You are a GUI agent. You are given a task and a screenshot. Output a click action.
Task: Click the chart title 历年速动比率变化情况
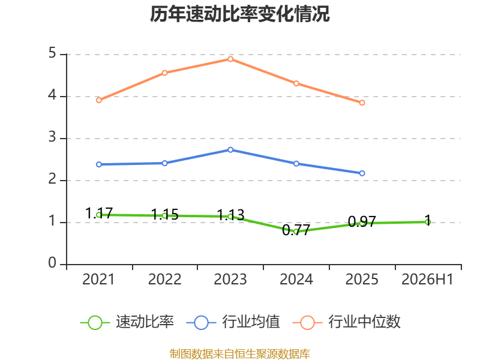click(x=239, y=14)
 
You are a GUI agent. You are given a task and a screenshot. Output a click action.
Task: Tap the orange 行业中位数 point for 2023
click(x=230, y=59)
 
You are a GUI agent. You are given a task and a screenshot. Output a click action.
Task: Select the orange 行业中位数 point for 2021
click(x=99, y=100)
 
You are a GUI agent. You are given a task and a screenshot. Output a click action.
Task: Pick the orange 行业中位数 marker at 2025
click(x=362, y=103)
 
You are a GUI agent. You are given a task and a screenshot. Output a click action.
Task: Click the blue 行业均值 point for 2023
click(x=230, y=149)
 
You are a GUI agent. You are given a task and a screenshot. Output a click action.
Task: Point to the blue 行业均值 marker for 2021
click(x=99, y=164)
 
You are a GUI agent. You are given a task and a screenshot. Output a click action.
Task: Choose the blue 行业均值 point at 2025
click(x=362, y=173)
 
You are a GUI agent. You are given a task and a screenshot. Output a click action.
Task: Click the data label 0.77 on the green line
click(x=296, y=230)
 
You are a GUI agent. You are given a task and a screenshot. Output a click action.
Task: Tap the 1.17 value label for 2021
click(x=99, y=214)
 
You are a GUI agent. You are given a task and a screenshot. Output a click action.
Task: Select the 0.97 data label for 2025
click(x=362, y=221)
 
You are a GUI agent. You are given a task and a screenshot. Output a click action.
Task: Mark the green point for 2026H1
click(x=428, y=222)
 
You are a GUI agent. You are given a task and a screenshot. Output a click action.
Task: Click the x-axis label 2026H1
click(x=427, y=279)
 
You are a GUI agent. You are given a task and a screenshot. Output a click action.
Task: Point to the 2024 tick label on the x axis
click(x=296, y=279)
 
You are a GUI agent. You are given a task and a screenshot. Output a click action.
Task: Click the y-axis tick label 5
click(x=52, y=53)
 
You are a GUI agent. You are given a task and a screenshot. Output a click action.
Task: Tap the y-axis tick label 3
click(x=52, y=137)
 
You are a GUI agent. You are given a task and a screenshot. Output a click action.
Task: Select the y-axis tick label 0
click(x=52, y=263)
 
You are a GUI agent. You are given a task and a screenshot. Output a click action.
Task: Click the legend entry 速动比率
click(x=127, y=322)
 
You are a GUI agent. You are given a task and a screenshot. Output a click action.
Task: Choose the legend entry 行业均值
click(x=233, y=322)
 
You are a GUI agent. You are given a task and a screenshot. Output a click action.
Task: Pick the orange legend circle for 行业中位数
click(x=307, y=323)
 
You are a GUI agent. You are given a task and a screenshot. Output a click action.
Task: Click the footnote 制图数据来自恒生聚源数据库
click(x=239, y=353)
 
